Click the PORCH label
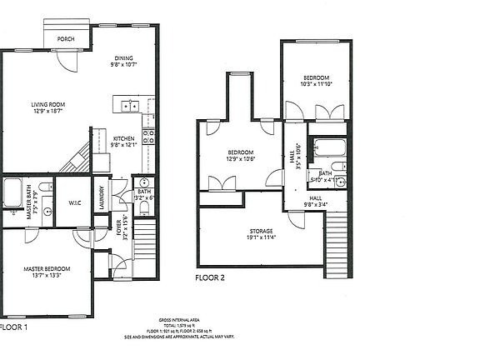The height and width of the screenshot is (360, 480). pos(66,39)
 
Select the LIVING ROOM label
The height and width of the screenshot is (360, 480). pos(47,107)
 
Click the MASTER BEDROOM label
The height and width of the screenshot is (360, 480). pos(47,272)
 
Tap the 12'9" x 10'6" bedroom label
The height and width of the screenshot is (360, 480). pos(241,156)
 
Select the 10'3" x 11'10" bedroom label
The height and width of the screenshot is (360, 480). pos(317,80)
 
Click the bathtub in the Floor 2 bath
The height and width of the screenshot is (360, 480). pos(328,150)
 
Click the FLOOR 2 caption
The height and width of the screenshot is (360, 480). pos(212,277)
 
